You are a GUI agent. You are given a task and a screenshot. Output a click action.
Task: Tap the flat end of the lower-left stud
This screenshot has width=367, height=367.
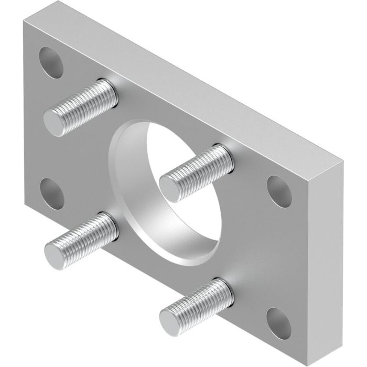(55, 257)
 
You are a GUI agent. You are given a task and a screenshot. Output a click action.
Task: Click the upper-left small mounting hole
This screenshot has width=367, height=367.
(51, 62)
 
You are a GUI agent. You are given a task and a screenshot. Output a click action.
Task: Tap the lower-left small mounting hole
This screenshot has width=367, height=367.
(52, 191)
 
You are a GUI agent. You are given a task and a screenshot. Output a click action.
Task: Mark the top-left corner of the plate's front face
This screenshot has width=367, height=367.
(23, 21)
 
